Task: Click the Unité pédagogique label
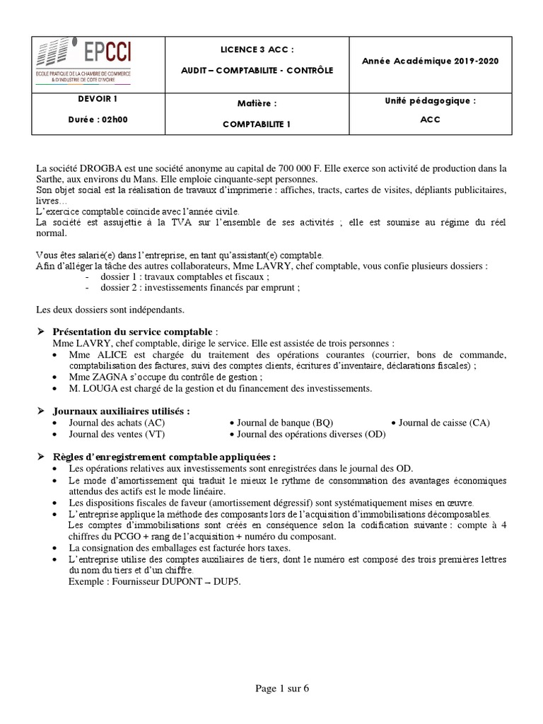[x=430, y=101]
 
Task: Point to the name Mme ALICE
[x=93, y=354]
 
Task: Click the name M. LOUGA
[x=90, y=388]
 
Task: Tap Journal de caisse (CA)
[x=444, y=422]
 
